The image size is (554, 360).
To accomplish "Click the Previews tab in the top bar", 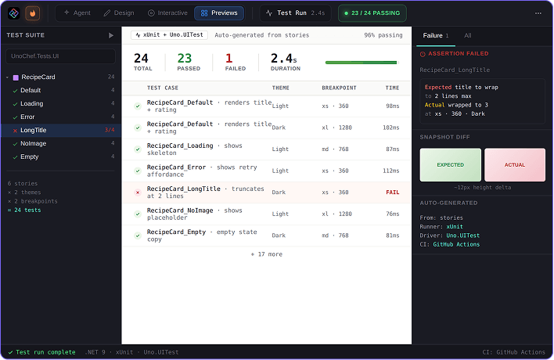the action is [219, 13].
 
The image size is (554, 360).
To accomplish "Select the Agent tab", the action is [77, 13].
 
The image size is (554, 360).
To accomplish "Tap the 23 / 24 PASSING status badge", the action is [372, 13].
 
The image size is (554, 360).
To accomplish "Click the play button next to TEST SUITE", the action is [111, 35].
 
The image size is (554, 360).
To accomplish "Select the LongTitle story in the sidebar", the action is [33, 130].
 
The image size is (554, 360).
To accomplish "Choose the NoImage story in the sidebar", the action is [33, 143].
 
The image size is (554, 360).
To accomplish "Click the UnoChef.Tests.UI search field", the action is [60, 56].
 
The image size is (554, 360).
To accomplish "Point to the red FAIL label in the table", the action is [393, 193].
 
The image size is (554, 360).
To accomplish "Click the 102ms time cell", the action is [391, 128].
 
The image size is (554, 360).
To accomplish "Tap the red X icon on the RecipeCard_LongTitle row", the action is [138, 193].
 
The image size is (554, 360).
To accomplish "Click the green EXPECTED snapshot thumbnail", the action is [451, 165].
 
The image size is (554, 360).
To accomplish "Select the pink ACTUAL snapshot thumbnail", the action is [515, 165].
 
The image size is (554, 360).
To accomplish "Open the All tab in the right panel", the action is [468, 36].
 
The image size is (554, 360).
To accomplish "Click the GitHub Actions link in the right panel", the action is [456, 244].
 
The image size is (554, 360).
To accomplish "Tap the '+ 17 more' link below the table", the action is [267, 254].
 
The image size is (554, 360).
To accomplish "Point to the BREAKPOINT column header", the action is [339, 88].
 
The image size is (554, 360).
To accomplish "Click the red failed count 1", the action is [229, 58].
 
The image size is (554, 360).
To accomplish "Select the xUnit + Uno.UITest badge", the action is [169, 35].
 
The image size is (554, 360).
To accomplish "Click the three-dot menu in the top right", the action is [538, 13].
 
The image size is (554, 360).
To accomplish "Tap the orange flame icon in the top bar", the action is [33, 13].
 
